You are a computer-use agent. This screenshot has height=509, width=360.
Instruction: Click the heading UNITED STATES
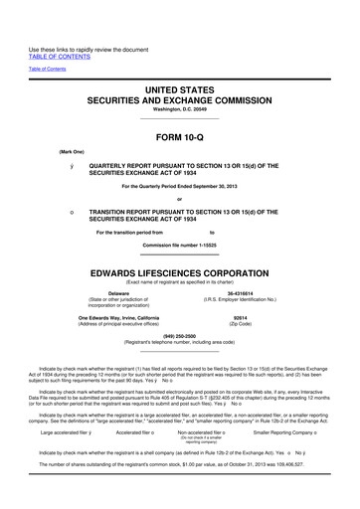(180, 88)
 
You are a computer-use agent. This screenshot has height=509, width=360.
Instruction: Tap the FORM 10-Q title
(180, 136)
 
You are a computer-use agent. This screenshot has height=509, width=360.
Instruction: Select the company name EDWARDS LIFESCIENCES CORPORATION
(180, 271)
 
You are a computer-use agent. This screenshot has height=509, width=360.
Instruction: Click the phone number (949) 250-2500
(180, 336)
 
